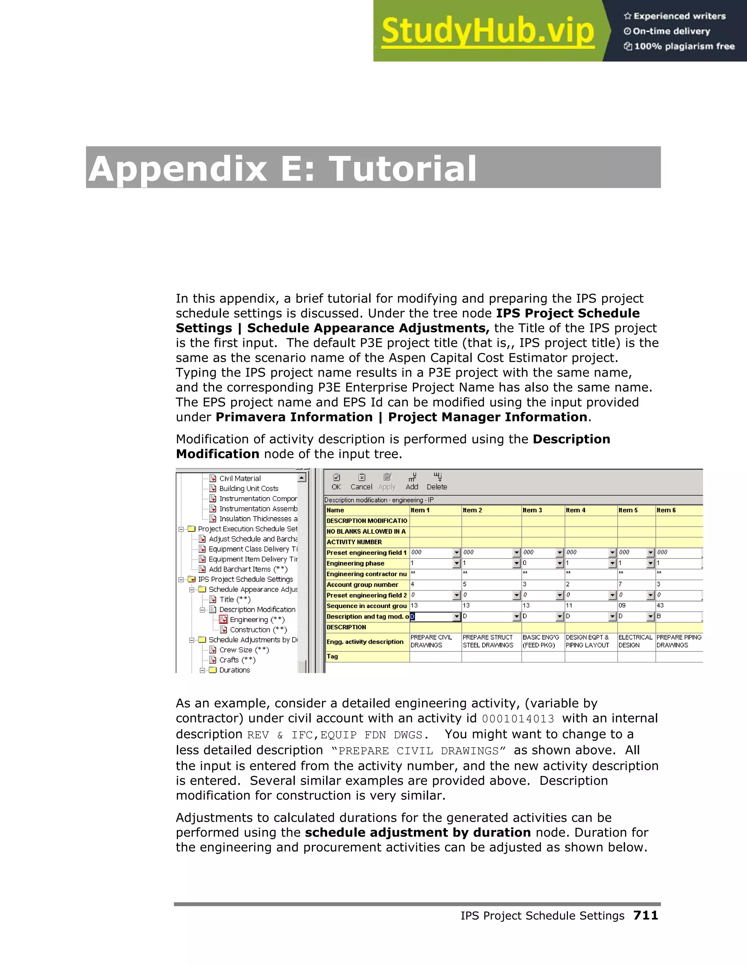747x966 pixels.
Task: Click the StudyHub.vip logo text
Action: [487, 31]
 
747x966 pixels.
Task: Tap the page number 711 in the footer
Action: [645, 915]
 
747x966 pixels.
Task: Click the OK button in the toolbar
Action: [336, 482]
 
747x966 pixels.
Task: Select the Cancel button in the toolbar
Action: [361, 482]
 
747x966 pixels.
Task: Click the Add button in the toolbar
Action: [412, 482]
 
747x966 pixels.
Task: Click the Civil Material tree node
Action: [240, 478]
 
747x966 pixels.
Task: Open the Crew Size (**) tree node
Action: [244, 650]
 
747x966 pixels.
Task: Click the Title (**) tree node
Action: [235, 599]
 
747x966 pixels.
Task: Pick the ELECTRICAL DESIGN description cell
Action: [635, 641]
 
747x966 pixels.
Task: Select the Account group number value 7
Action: [621, 584]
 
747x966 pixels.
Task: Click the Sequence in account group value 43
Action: [660, 605]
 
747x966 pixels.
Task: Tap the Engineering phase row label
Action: [355, 563]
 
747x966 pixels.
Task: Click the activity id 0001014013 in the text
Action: [518, 719]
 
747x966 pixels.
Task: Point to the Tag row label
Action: [332, 657]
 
